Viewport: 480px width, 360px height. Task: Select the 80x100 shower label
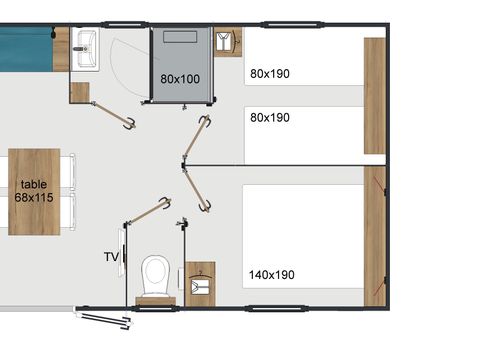click(180, 77)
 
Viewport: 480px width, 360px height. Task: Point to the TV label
click(111, 257)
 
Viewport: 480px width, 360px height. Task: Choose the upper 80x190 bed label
click(270, 73)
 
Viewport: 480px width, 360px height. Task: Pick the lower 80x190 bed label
click(270, 117)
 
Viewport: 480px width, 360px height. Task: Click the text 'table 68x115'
click(34, 191)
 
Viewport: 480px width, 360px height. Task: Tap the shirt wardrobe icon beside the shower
click(228, 40)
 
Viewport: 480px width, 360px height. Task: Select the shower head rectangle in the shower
click(181, 36)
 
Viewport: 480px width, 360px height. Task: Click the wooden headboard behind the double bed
click(374, 236)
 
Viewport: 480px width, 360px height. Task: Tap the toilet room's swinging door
click(150, 213)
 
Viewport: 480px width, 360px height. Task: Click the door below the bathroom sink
click(111, 112)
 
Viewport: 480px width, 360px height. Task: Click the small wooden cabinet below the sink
click(80, 93)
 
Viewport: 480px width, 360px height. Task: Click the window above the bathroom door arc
click(124, 29)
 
